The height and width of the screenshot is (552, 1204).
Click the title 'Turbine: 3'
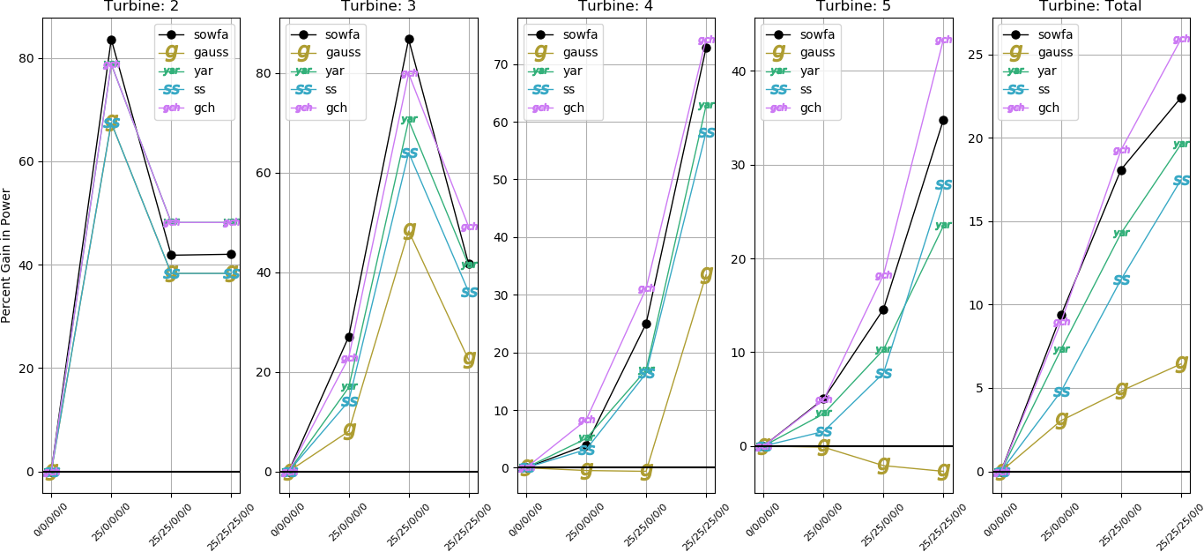pos(378,6)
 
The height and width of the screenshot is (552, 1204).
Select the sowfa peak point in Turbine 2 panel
pos(111,40)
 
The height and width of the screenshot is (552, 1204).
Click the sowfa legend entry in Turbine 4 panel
pos(574,34)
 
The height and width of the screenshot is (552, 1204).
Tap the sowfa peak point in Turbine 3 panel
pos(409,39)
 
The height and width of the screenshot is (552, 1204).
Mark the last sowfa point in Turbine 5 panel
pos(943,120)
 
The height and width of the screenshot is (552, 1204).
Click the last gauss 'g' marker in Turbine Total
pos(1181,362)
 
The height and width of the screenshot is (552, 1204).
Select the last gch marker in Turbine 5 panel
pos(943,40)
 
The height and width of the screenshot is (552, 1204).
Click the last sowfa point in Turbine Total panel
pos(1181,98)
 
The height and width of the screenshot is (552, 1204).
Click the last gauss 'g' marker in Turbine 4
pos(706,274)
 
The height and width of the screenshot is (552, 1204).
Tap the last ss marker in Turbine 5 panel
pos(943,185)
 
